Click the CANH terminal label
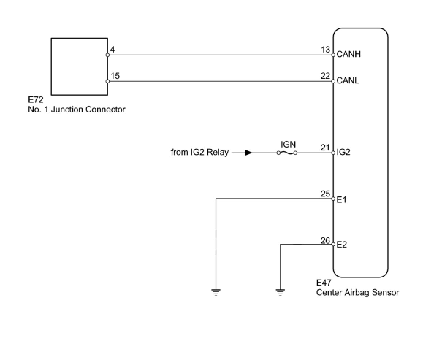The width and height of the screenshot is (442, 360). point(348,54)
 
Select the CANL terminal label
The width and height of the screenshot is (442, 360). point(348,80)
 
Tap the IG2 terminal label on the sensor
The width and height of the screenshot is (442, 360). point(343,152)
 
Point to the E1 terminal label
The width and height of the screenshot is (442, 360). point(342,199)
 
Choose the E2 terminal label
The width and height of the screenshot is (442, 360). point(342,245)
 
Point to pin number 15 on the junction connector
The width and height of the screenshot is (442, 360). point(115,76)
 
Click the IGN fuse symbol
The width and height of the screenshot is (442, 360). point(287,153)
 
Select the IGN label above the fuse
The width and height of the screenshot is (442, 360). point(288,144)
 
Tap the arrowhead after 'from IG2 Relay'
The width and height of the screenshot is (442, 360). point(248,153)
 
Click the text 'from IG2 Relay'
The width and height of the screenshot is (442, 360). point(199,152)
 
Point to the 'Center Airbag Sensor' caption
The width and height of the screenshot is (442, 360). point(358,292)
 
